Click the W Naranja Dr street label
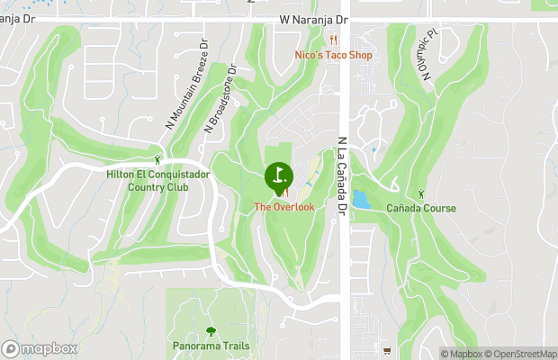pos(313,18)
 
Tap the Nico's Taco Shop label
pos(333,55)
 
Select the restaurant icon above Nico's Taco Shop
pos(333,40)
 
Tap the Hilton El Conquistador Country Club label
pos(157,181)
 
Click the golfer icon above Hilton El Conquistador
pos(157,159)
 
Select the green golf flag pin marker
pos(279,175)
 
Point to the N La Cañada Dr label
pos(342,176)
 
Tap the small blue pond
pos(361,199)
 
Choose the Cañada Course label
pos(421,209)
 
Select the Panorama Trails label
pos(211,346)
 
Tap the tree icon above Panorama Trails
pos(211,331)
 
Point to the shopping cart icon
pos(386,350)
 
